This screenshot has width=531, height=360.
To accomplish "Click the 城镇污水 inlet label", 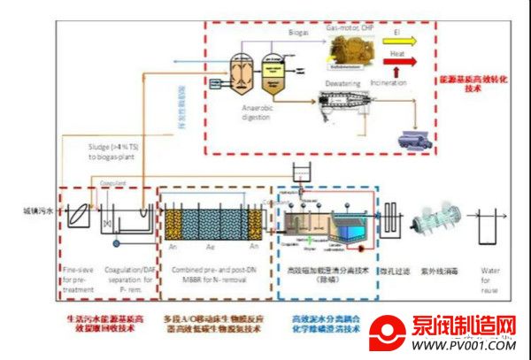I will pyautogui.click(x=37, y=212).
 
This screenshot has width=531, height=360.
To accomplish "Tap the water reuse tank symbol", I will pyautogui.click(x=489, y=226).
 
